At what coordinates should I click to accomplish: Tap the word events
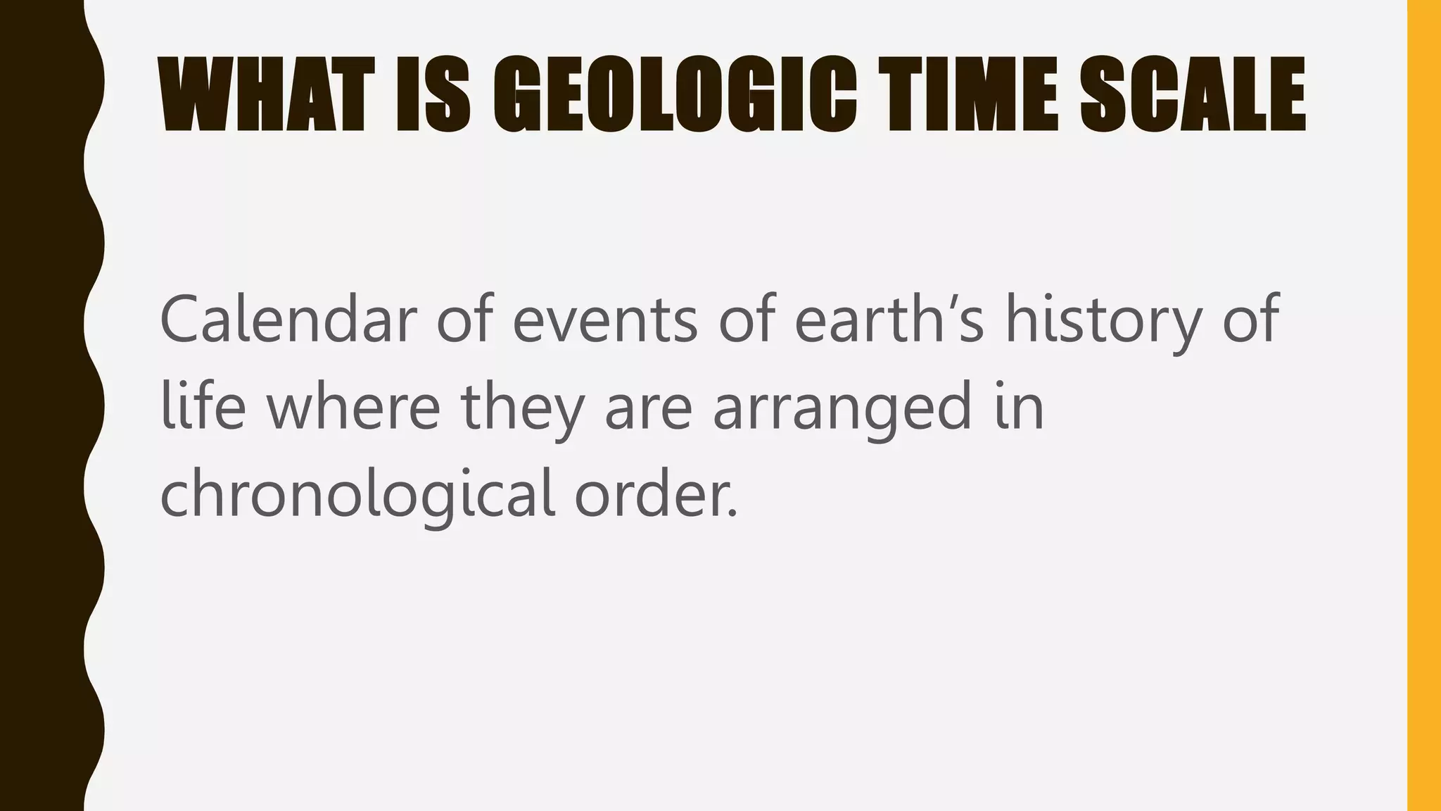point(604,320)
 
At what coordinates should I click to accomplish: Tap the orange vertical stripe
point(1424,405)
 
